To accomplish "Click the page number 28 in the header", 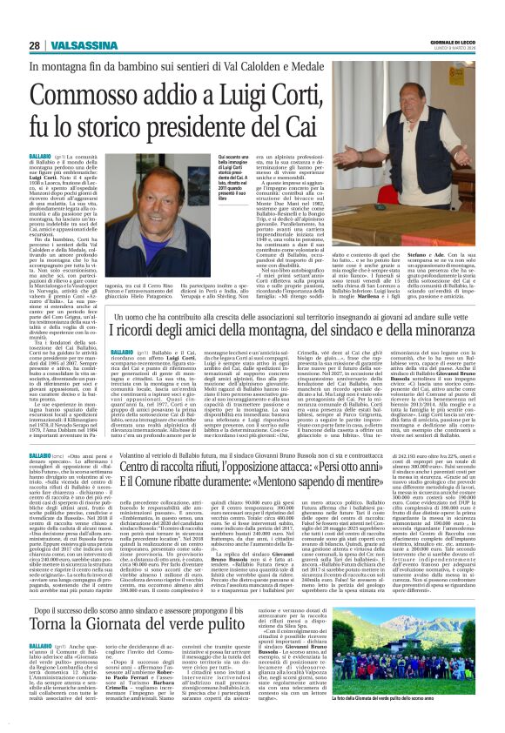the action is point(34,45).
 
